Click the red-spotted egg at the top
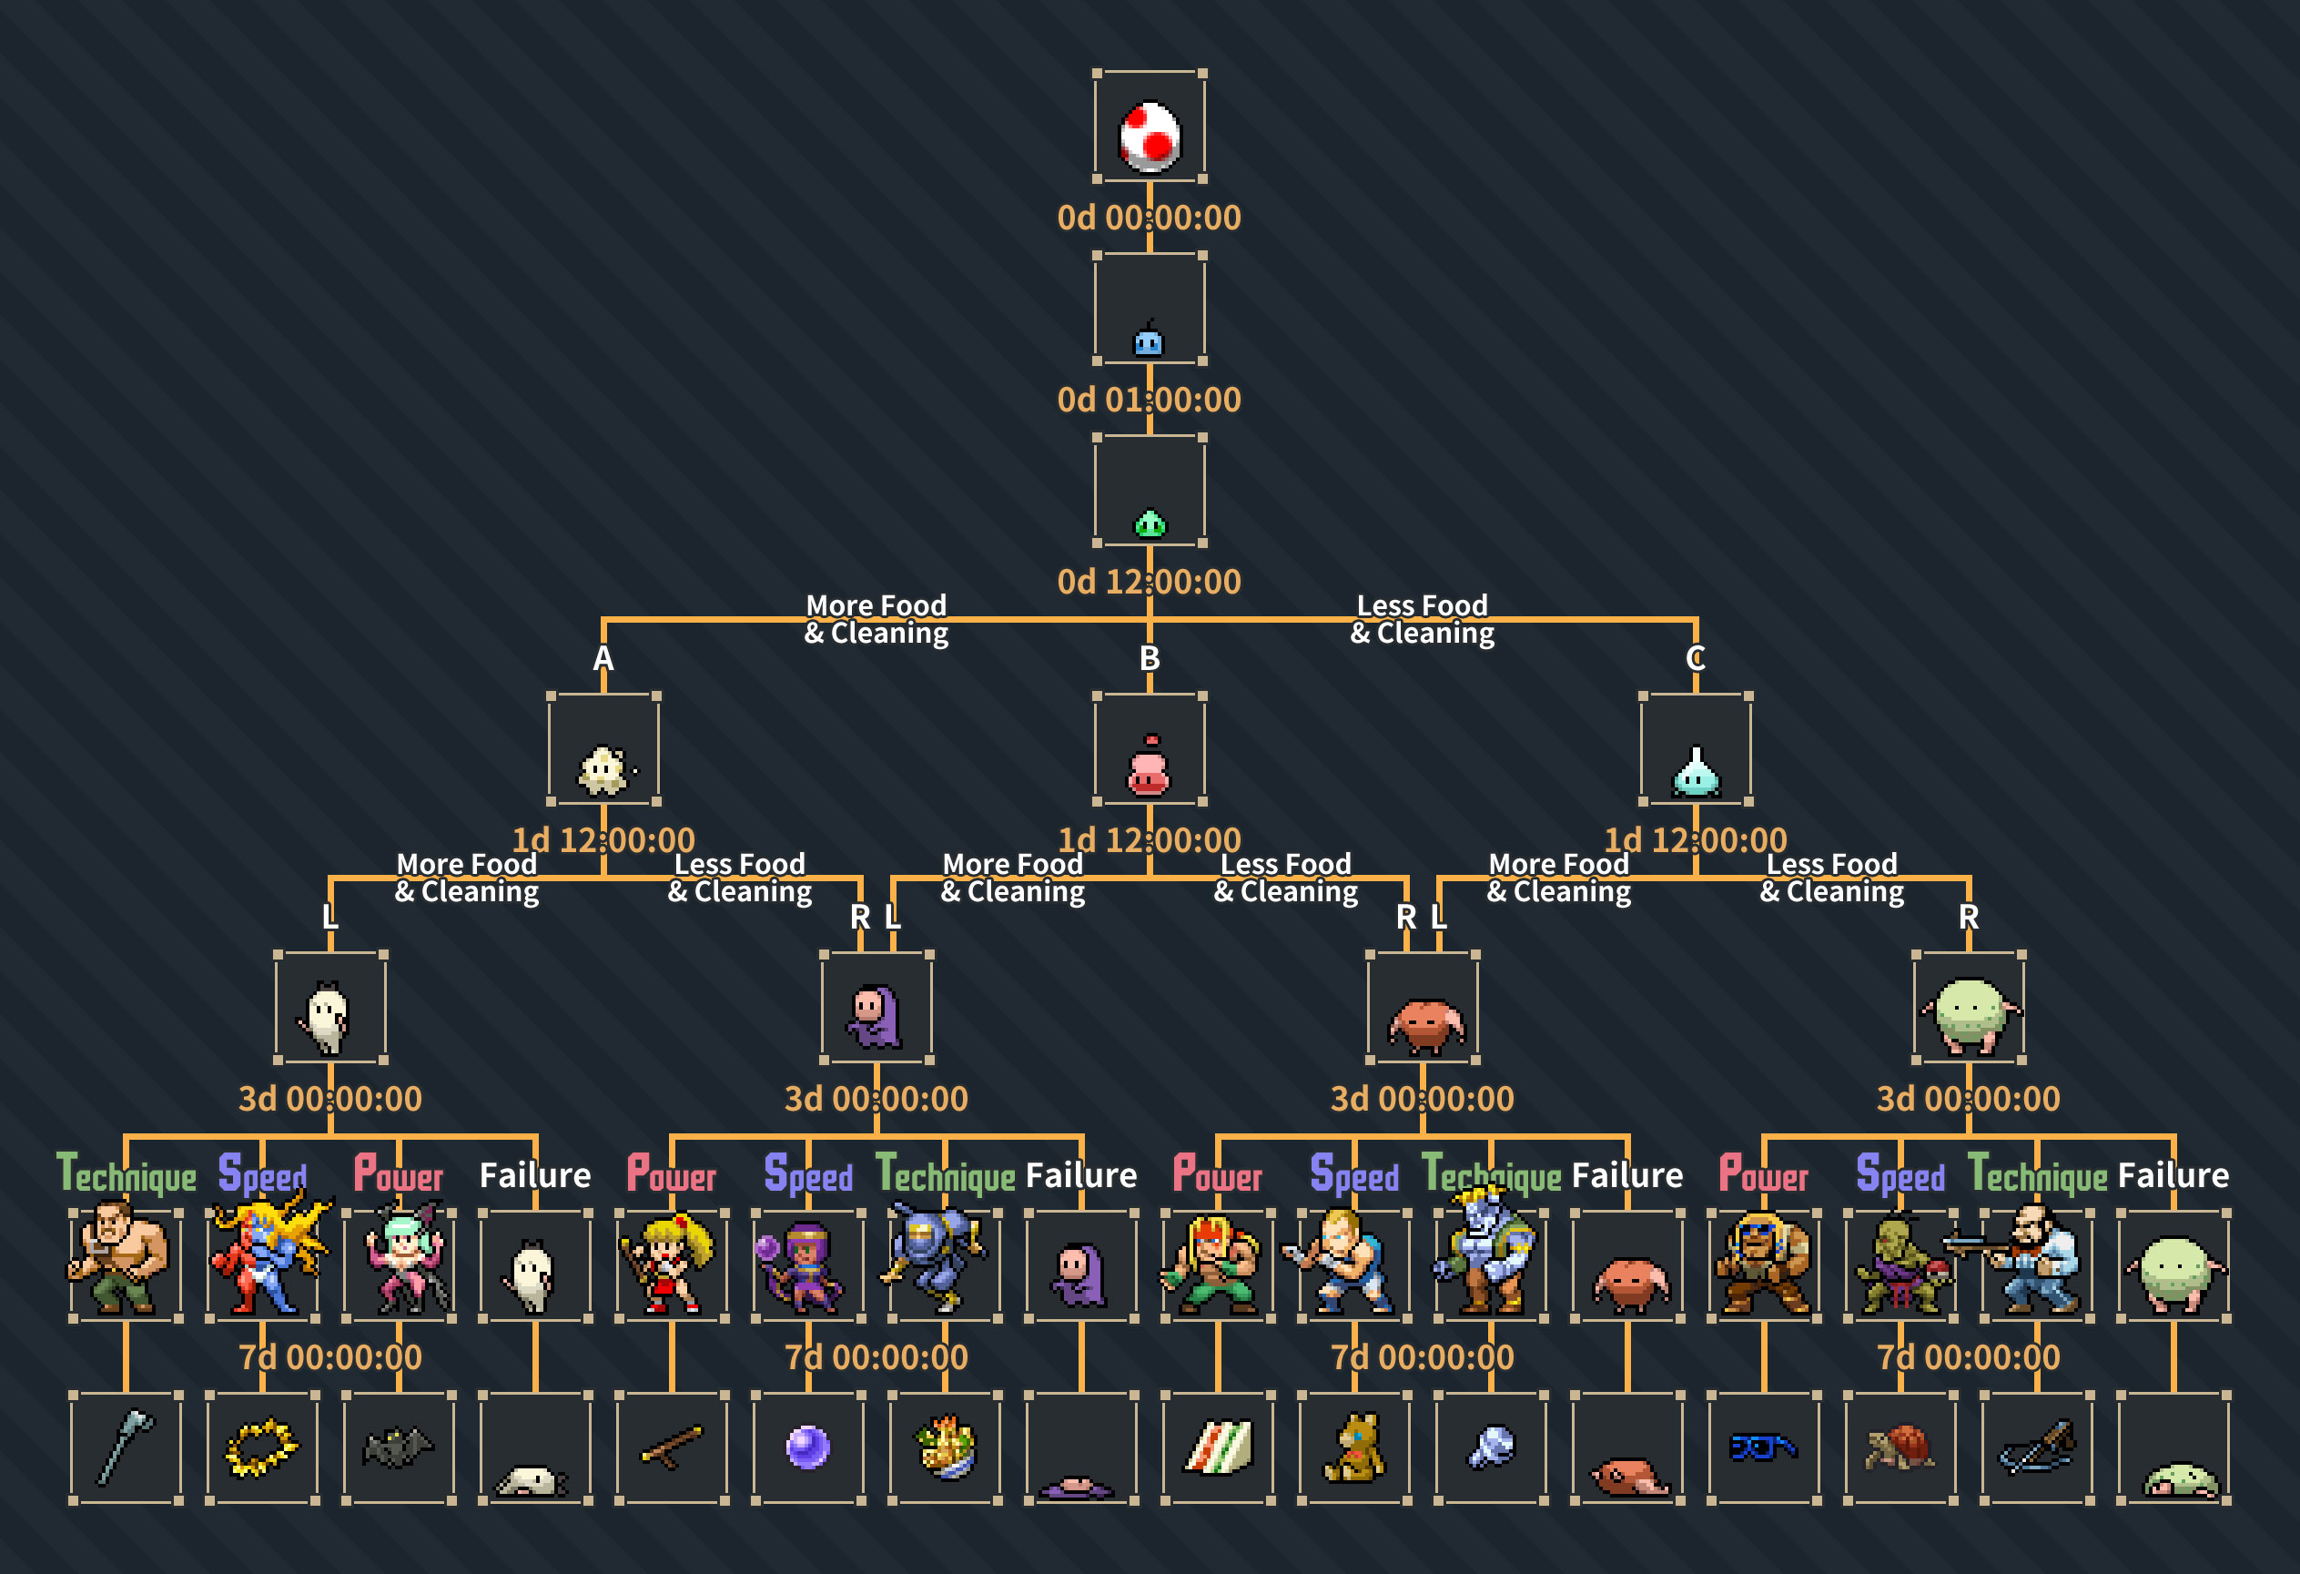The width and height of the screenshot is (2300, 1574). click(x=1149, y=135)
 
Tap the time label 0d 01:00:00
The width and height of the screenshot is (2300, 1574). click(x=1149, y=400)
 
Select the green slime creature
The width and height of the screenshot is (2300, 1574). click(x=1149, y=523)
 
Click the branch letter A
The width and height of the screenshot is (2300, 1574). click(x=603, y=658)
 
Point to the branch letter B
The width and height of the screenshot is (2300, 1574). click(x=1149, y=658)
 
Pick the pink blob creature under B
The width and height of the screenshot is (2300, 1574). click(x=1149, y=768)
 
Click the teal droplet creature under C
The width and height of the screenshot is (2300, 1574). click(x=1696, y=772)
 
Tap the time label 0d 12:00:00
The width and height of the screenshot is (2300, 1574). click(x=1149, y=582)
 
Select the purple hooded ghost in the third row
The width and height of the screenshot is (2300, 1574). click(x=875, y=1016)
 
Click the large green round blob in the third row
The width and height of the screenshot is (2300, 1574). click(x=1970, y=1014)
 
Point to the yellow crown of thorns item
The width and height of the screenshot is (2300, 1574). click(x=261, y=1447)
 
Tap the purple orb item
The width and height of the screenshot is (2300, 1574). click(x=807, y=1447)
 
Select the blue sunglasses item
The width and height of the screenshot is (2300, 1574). click(x=1763, y=1448)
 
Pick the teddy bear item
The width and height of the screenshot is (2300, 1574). click(x=1353, y=1447)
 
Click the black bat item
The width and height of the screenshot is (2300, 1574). click(x=398, y=1447)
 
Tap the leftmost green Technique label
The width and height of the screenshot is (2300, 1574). click(x=127, y=1175)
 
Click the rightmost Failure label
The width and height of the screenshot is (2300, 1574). click(x=2173, y=1175)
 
